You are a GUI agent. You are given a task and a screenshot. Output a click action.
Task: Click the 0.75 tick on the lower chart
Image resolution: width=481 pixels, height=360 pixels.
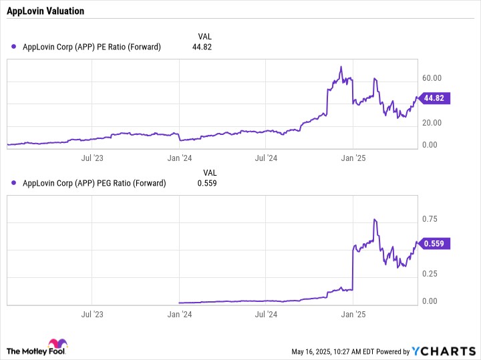[430, 219]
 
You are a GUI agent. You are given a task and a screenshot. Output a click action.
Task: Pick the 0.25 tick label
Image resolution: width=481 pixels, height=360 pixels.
[430, 274]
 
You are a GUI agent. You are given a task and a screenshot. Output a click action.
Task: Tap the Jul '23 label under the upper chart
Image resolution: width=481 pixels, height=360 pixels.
[92, 158]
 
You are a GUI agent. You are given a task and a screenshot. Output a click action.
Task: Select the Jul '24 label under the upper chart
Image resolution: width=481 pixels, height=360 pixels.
[266, 158]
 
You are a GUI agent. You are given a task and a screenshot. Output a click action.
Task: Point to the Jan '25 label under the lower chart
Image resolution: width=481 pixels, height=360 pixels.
[353, 314]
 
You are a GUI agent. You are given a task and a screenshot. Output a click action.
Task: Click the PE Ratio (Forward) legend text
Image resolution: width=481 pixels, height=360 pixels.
[92, 47]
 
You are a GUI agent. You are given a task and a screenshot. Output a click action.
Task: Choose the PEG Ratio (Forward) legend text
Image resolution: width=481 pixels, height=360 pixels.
[94, 183]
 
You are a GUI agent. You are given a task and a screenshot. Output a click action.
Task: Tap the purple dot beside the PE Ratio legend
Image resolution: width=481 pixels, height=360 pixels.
[14, 47]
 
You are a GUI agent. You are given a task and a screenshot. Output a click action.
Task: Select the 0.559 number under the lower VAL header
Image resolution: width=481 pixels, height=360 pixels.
[206, 183]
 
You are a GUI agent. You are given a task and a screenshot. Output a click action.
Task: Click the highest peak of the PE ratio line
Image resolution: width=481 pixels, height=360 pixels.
[341, 67]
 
